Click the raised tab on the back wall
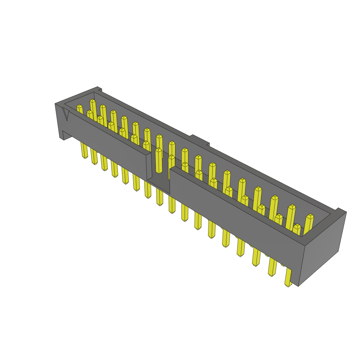(200, 140)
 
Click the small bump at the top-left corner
(99, 88)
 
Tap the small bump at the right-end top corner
(340, 210)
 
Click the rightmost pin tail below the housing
(288, 278)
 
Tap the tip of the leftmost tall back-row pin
(92, 102)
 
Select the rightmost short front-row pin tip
(297, 227)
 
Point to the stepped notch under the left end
(63, 135)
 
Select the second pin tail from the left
(94, 156)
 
